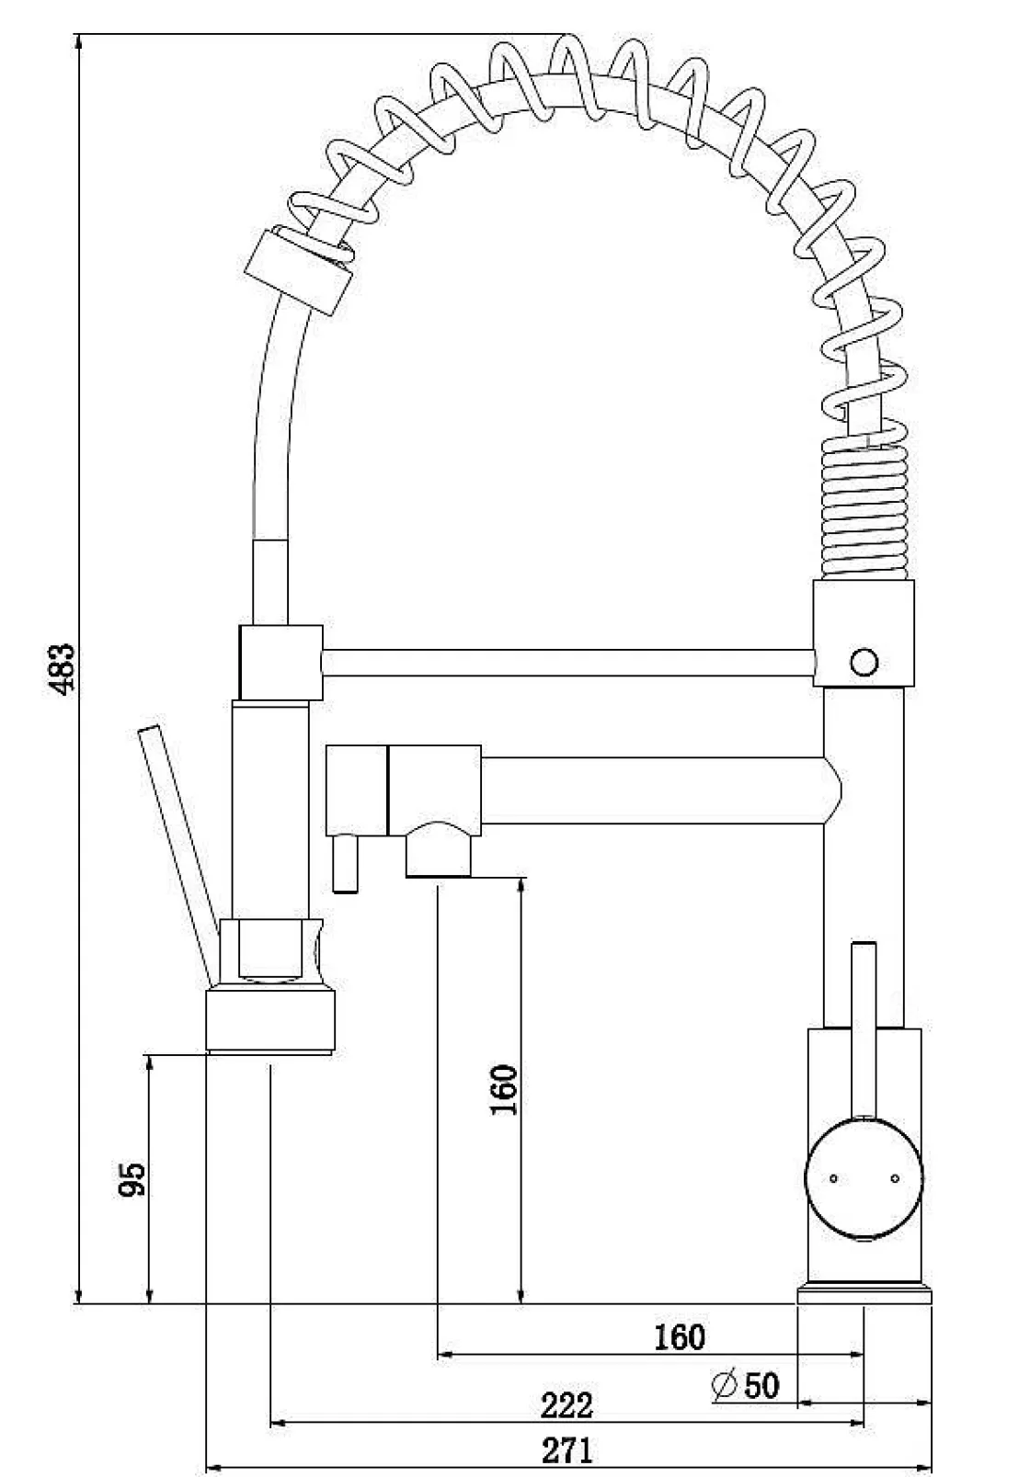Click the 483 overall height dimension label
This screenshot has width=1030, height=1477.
tap(62, 668)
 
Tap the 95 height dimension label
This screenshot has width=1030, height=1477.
tap(132, 1179)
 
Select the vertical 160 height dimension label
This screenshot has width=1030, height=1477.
tap(504, 1089)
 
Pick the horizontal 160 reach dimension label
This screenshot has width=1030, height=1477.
tap(680, 1337)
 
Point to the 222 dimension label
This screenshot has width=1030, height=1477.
tap(566, 1405)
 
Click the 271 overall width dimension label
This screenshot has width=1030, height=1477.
tap(566, 1451)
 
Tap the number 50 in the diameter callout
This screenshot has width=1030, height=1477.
tap(761, 1385)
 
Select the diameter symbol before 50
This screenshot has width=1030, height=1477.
tap(725, 1385)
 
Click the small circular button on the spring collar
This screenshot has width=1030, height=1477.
tap(864, 661)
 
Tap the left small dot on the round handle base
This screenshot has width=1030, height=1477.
tap(833, 1177)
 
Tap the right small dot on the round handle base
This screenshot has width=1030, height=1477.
tap(893, 1177)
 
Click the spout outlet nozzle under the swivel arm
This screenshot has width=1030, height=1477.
tap(439, 855)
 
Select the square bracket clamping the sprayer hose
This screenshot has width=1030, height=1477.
tap(280, 662)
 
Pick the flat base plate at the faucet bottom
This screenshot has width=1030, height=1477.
tap(864, 1295)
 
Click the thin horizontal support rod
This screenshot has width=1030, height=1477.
tap(567, 663)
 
